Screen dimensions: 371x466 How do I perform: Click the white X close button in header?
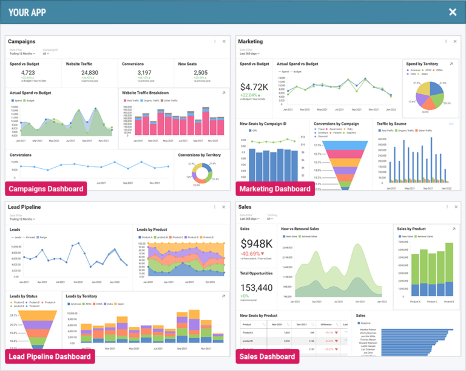coord(453,12)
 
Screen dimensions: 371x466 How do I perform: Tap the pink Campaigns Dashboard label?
coord(46,189)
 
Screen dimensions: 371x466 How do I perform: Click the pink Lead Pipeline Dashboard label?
coord(50,356)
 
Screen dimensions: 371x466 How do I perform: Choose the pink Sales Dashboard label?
coord(268,356)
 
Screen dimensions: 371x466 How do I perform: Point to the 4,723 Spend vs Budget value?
coord(23,73)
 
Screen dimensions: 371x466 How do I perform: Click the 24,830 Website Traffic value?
coord(89,73)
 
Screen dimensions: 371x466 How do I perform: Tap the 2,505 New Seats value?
coord(201,73)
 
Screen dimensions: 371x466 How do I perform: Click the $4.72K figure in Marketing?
coord(254,86)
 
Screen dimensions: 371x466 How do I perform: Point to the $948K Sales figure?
coord(256,243)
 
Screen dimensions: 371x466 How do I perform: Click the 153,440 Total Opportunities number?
coord(257,288)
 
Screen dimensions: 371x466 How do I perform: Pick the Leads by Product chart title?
coord(152,229)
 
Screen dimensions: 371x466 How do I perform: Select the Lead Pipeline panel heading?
coord(24,207)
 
